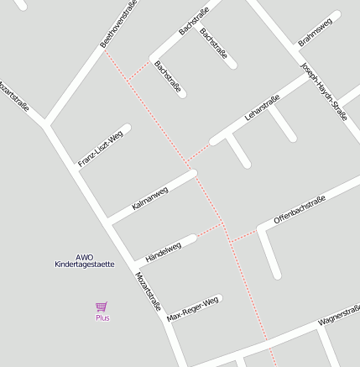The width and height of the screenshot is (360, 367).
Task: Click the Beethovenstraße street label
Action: pos(118,24)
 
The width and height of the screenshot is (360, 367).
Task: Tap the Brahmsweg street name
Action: pos(315,32)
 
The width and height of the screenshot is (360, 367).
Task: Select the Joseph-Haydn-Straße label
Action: pos(323,92)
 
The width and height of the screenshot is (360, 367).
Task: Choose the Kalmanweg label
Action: pos(150,198)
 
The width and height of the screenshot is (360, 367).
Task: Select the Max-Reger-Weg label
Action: pos(192,308)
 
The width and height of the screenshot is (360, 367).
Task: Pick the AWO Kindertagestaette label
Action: pos(84,260)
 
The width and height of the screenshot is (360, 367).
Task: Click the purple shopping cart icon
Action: pos(102,307)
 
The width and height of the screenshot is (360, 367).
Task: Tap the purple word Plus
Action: pos(102,317)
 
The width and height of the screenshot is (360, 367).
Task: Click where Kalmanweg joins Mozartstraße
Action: pos(111,223)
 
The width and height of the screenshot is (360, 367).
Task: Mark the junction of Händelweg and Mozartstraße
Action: pos(134,265)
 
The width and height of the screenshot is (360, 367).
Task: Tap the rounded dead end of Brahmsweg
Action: pos(337,15)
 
